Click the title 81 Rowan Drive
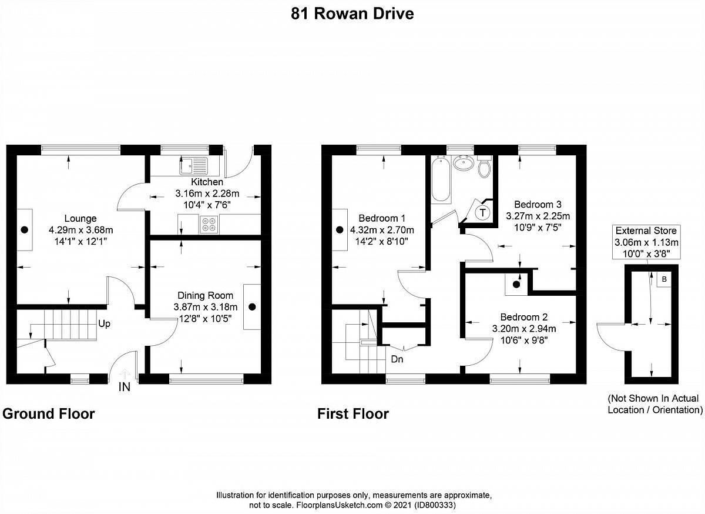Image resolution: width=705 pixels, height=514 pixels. (352, 14)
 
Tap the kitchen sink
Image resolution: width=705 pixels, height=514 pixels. (193, 166)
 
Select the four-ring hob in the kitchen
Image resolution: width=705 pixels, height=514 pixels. (209, 224)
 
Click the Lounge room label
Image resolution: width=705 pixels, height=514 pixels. (80, 218)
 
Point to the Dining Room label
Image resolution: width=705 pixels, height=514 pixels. (206, 295)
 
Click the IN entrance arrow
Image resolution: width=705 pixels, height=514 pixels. (125, 375)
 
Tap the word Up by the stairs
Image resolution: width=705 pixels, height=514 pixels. (104, 324)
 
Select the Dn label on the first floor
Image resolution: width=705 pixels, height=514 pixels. (397, 359)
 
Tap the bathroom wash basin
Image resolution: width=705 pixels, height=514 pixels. (464, 163)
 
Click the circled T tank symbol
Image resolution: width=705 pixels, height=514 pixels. (483, 212)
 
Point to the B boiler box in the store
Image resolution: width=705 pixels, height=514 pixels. (664, 279)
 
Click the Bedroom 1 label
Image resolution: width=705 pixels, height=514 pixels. (382, 218)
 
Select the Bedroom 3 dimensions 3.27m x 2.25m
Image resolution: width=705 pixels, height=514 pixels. (538, 216)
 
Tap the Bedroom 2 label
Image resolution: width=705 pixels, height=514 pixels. (524, 317)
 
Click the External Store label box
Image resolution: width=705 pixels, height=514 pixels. (646, 242)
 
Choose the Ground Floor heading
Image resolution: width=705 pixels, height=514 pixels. (48, 414)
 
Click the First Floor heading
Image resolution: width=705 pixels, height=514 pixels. (353, 414)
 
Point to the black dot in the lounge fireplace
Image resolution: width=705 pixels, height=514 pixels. (25, 230)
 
